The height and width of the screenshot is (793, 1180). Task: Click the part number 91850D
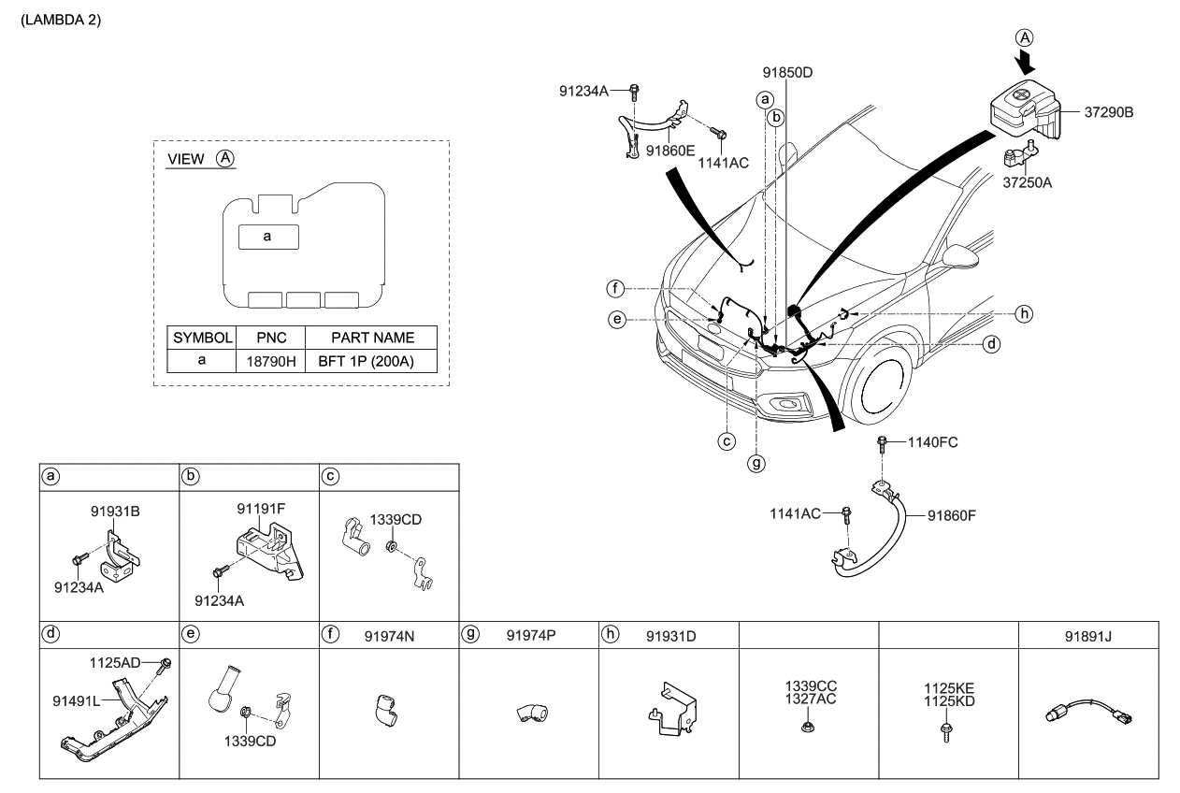786,70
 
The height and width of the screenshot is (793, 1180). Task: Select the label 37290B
1108,112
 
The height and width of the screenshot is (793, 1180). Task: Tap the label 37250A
1027,183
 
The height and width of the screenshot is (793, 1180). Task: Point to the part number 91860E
670,149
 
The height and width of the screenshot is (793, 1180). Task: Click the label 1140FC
932,441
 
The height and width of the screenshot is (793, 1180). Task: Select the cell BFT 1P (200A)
372,360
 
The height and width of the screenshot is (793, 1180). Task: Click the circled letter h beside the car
1024,313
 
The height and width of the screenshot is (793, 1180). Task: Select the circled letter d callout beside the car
992,344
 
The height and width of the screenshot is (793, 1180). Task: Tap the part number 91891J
1089,635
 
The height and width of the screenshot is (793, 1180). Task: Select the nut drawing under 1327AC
809,725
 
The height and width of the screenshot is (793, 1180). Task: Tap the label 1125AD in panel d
116,662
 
